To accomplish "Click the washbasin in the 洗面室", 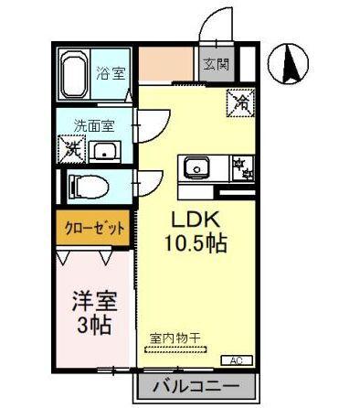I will [x=106, y=150].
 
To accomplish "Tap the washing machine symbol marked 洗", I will [x=71, y=147].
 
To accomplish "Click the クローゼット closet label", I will [x=94, y=229].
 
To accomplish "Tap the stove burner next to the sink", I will [x=241, y=168].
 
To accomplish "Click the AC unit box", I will [x=236, y=360].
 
